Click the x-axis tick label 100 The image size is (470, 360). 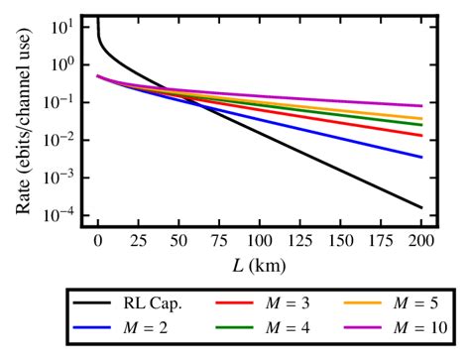point(260,242)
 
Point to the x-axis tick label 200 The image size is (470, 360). point(421,242)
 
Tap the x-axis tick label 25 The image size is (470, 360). point(138,242)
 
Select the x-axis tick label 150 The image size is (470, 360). point(340,242)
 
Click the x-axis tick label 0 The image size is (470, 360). point(97,242)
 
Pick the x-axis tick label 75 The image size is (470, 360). point(219,242)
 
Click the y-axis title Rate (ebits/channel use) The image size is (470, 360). point(23,121)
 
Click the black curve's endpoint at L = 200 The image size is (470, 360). point(421,207)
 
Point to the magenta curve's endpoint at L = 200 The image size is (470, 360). point(421,105)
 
